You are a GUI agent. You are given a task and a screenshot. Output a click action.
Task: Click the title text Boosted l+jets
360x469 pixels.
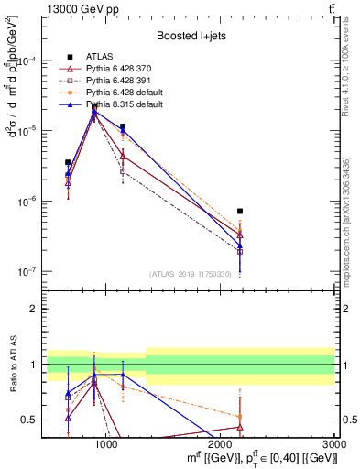[189, 36]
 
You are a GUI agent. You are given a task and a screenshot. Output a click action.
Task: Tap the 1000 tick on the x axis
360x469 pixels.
[106, 444]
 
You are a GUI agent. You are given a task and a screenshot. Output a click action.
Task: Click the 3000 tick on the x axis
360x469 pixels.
[335, 444]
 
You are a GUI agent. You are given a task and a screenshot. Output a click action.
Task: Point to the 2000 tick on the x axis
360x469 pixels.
[221, 444]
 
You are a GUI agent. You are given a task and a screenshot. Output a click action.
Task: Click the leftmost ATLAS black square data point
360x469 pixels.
[68, 162]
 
